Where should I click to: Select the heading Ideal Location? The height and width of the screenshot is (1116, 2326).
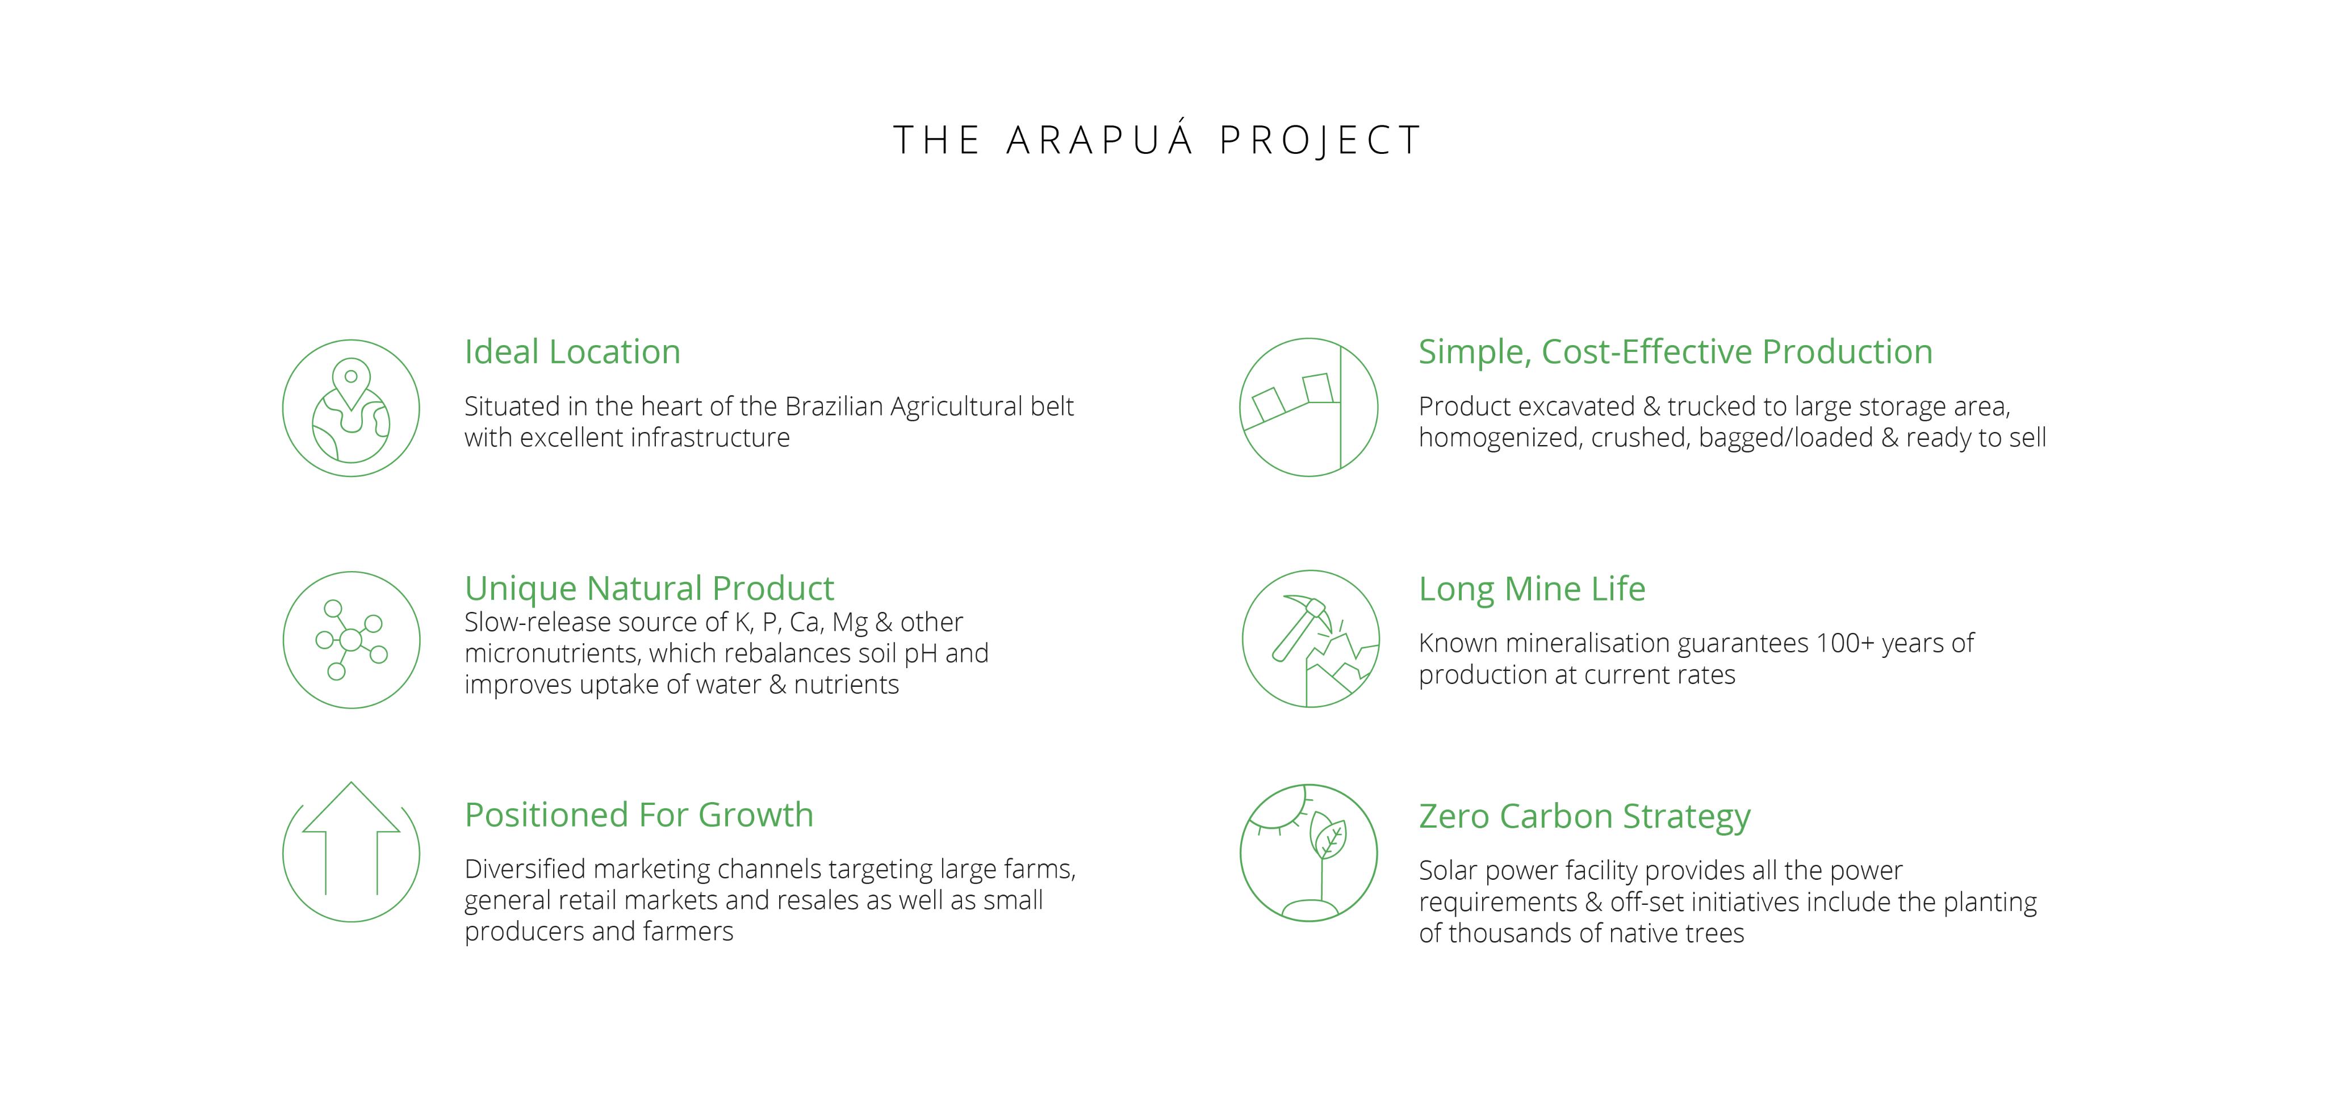(x=572, y=351)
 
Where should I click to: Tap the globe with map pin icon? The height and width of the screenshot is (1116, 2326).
(x=352, y=408)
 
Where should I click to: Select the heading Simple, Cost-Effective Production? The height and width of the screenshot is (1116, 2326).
(x=1676, y=352)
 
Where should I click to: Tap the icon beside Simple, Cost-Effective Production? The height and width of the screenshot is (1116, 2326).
(x=1308, y=407)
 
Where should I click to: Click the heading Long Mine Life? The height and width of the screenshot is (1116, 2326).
(x=1532, y=589)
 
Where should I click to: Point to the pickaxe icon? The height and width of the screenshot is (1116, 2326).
(x=1310, y=639)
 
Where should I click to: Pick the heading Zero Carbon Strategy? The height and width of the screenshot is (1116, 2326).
(x=1585, y=816)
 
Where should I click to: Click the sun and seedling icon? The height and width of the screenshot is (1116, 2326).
(x=1308, y=853)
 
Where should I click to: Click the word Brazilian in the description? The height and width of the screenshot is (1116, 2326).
(x=834, y=406)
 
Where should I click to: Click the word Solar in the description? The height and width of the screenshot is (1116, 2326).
(x=1448, y=870)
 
